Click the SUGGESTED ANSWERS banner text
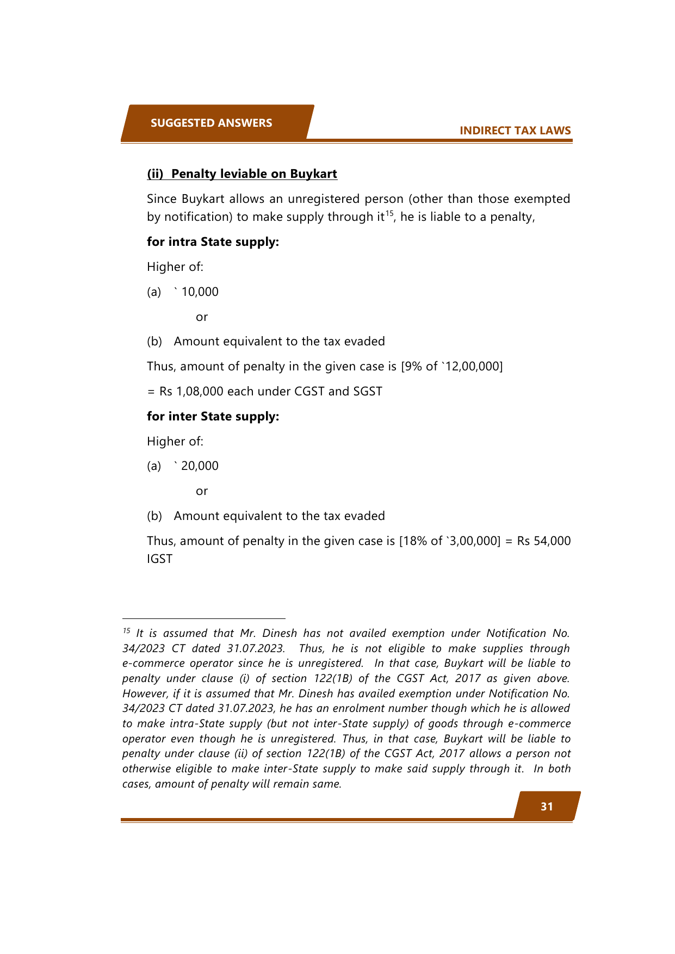211,123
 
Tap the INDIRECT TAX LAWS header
515,131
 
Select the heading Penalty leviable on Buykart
254,174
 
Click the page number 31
547,807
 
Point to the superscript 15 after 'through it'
389,213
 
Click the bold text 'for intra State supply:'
213,242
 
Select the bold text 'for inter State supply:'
213,417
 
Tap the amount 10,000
200,292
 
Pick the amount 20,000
200,466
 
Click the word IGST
159,559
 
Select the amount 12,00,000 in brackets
473,367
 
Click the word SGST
367,392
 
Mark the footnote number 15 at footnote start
126,631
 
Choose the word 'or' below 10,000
202,317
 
